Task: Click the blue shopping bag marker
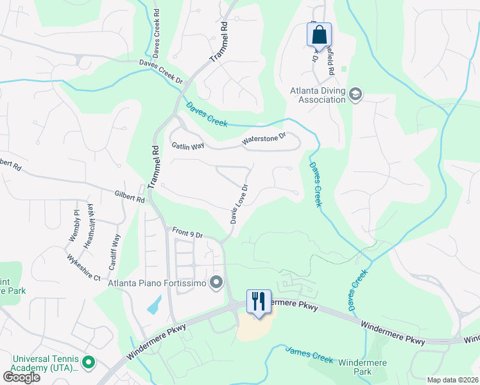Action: [x=319, y=35]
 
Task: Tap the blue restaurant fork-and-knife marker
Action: [x=259, y=302]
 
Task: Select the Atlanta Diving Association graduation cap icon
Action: [x=355, y=96]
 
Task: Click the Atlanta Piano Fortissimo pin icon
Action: [x=216, y=282]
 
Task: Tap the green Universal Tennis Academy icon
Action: [x=89, y=363]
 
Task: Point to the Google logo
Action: [x=21, y=377]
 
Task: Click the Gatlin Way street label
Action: [x=188, y=146]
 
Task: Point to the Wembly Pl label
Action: [x=74, y=226]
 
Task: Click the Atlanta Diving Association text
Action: [x=317, y=95]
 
